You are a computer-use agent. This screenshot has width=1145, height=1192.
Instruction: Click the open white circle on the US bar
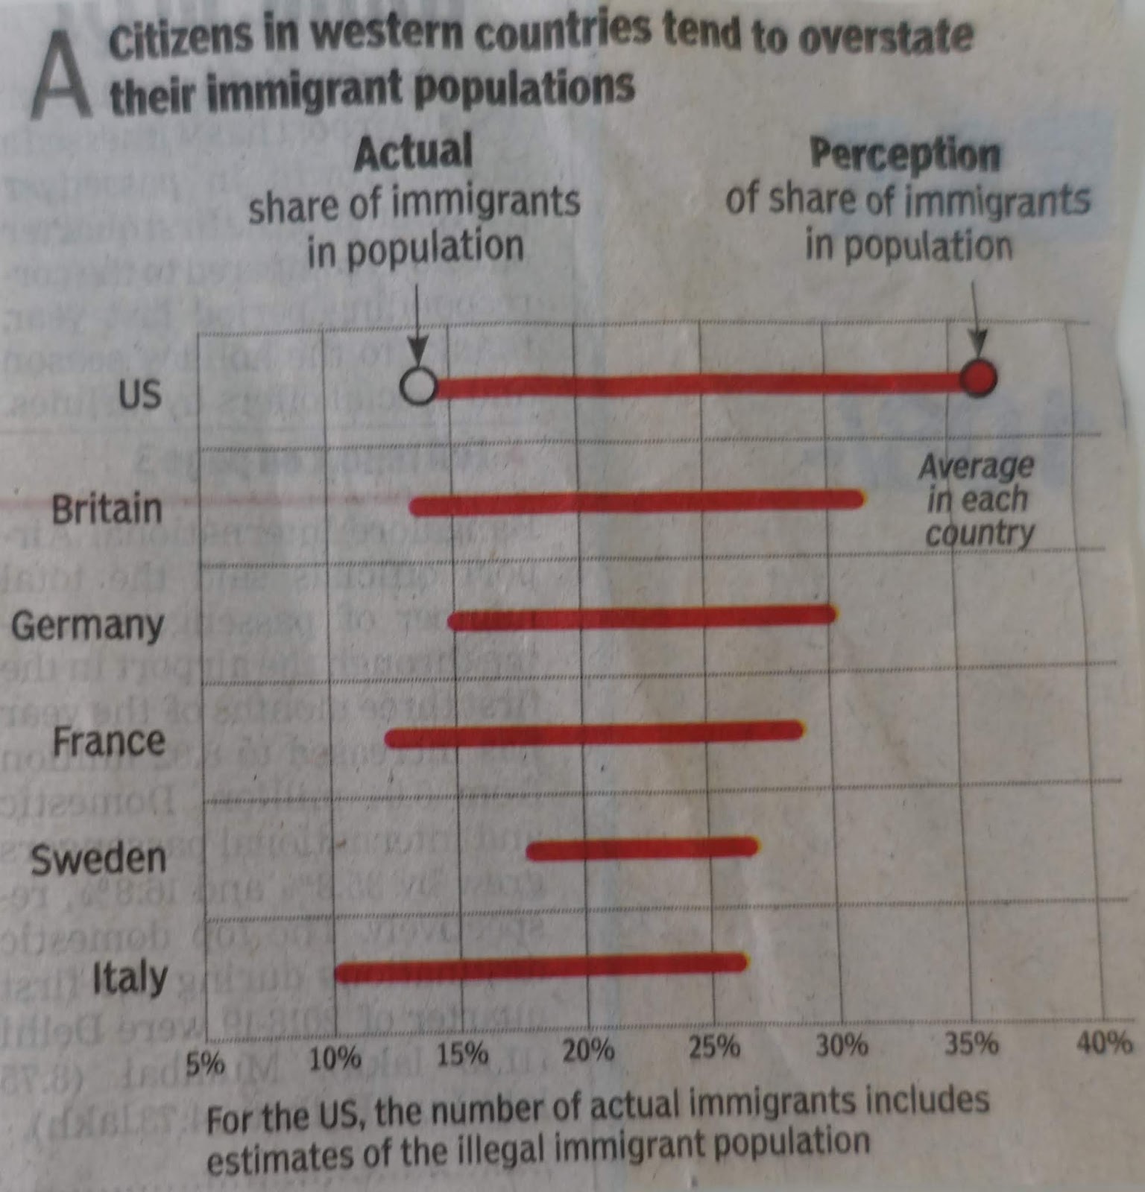pos(418,387)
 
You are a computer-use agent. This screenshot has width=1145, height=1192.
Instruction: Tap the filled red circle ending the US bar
pos(977,379)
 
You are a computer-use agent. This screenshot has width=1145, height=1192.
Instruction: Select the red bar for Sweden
pos(642,849)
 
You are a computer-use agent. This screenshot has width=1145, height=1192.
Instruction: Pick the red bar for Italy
pos(541,967)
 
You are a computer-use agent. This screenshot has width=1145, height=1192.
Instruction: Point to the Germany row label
pos(87,626)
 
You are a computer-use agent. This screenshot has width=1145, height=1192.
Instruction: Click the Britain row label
pos(107,510)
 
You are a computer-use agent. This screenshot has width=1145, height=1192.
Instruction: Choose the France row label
pos(109,742)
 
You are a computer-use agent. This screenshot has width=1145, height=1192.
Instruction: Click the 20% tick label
pos(588,1051)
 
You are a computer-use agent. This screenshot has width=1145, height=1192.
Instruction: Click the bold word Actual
pos(413,152)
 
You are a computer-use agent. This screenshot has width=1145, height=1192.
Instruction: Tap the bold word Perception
pos(905,155)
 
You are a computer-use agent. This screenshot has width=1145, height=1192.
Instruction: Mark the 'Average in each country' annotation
pos(977,500)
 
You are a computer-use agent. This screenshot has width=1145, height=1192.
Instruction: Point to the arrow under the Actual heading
pos(417,328)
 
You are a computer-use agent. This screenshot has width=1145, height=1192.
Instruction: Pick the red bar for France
pos(594,734)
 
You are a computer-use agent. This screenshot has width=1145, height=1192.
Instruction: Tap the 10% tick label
pos(335,1057)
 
